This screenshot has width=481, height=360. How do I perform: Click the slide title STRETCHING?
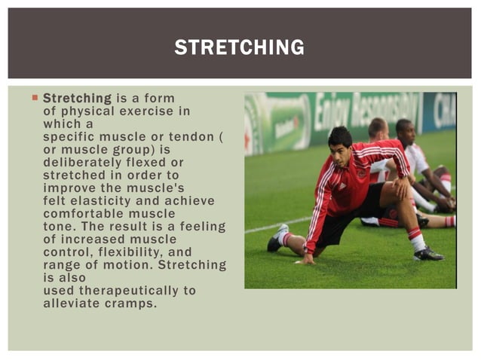[x=240, y=47]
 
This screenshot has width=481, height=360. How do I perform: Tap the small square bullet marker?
[x=35, y=99]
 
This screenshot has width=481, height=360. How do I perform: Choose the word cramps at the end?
[x=134, y=304]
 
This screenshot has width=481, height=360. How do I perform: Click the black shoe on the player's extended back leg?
[x=276, y=239]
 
